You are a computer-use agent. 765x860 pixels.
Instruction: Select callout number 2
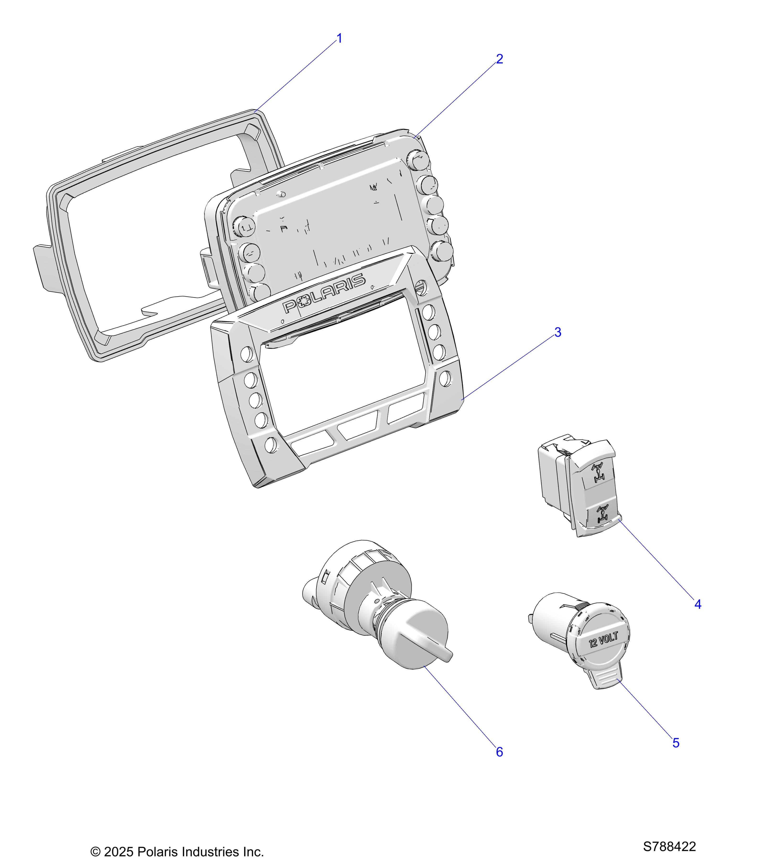[499, 59]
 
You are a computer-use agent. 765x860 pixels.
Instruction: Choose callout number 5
[676, 743]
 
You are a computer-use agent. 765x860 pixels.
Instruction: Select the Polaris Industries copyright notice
[177, 852]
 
